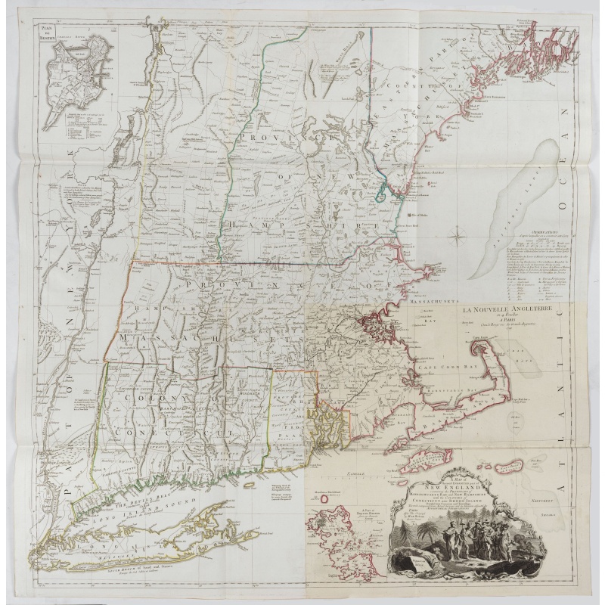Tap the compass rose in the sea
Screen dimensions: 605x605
[x=459, y=241]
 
